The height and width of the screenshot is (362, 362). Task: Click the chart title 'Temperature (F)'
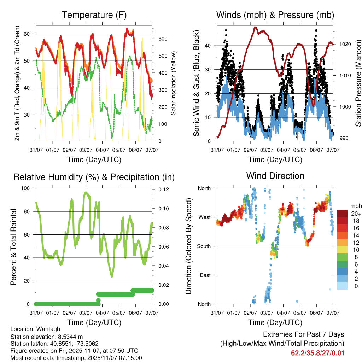(94, 15)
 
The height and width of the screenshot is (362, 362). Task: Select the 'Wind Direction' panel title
(275, 175)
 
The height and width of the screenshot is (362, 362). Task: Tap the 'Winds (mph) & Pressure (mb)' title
(275, 15)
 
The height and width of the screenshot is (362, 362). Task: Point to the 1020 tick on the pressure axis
(344, 45)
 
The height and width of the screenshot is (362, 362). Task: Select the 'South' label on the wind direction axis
(204, 246)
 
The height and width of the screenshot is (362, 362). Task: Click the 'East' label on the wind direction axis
(206, 275)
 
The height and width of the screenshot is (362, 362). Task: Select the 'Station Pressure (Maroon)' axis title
(358, 83)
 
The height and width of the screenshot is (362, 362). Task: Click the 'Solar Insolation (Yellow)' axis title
(174, 83)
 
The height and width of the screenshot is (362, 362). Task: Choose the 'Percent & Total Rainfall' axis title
(13, 246)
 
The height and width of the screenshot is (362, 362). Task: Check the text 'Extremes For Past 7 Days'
(304, 334)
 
